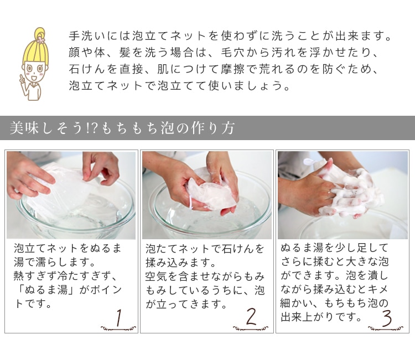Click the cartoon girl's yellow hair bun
pyautogui.click(x=40, y=33)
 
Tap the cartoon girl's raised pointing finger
pyautogui.click(x=22, y=77)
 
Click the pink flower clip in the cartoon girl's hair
pyautogui.click(x=40, y=40)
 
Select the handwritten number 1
pyautogui.click(x=119, y=317)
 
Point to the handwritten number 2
pyautogui.click(x=251, y=317)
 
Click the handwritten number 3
pyautogui.click(x=387, y=318)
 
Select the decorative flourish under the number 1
pyautogui.click(x=118, y=328)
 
